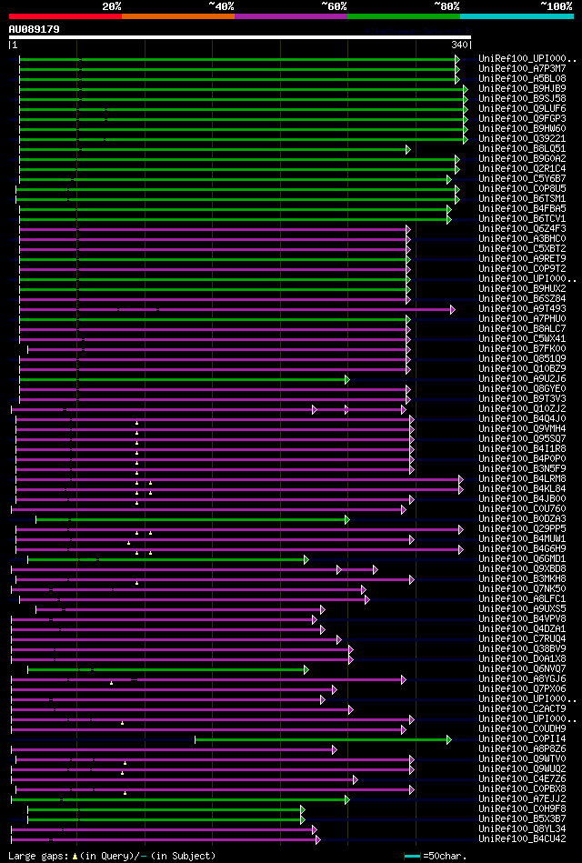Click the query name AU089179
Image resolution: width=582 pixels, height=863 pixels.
point(35,30)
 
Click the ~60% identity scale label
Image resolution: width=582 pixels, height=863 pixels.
point(334,5)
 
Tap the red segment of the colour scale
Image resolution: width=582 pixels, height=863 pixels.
point(65,15)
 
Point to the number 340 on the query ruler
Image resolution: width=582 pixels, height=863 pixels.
point(459,45)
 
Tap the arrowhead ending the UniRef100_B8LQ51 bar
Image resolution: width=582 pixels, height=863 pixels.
point(408,148)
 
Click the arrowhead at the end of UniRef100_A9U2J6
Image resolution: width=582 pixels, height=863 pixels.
point(346,378)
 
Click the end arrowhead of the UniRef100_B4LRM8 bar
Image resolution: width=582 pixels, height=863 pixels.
point(461,478)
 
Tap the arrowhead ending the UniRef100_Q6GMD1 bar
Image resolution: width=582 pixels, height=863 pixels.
point(306,558)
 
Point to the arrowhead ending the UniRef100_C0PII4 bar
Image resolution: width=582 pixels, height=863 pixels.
point(448,738)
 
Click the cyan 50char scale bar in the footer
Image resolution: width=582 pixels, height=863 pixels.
point(412,856)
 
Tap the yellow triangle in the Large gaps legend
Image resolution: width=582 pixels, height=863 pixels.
point(75,856)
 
